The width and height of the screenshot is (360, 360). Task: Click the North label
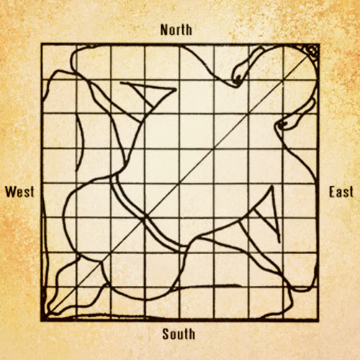coord(179,30)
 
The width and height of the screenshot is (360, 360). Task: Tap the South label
coord(179,333)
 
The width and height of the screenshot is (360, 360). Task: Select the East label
coord(341,192)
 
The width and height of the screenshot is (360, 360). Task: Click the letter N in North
coord(165,30)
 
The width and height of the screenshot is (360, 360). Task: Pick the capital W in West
coord(10,192)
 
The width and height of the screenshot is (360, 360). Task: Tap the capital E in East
coord(332,192)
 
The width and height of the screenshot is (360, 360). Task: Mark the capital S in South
coord(166,333)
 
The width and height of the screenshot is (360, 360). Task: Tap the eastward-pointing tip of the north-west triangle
coord(175,89)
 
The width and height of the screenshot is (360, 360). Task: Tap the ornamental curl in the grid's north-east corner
coord(311,50)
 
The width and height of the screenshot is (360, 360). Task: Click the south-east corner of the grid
coord(317,319)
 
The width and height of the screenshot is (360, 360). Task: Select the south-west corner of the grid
coord(42,319)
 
